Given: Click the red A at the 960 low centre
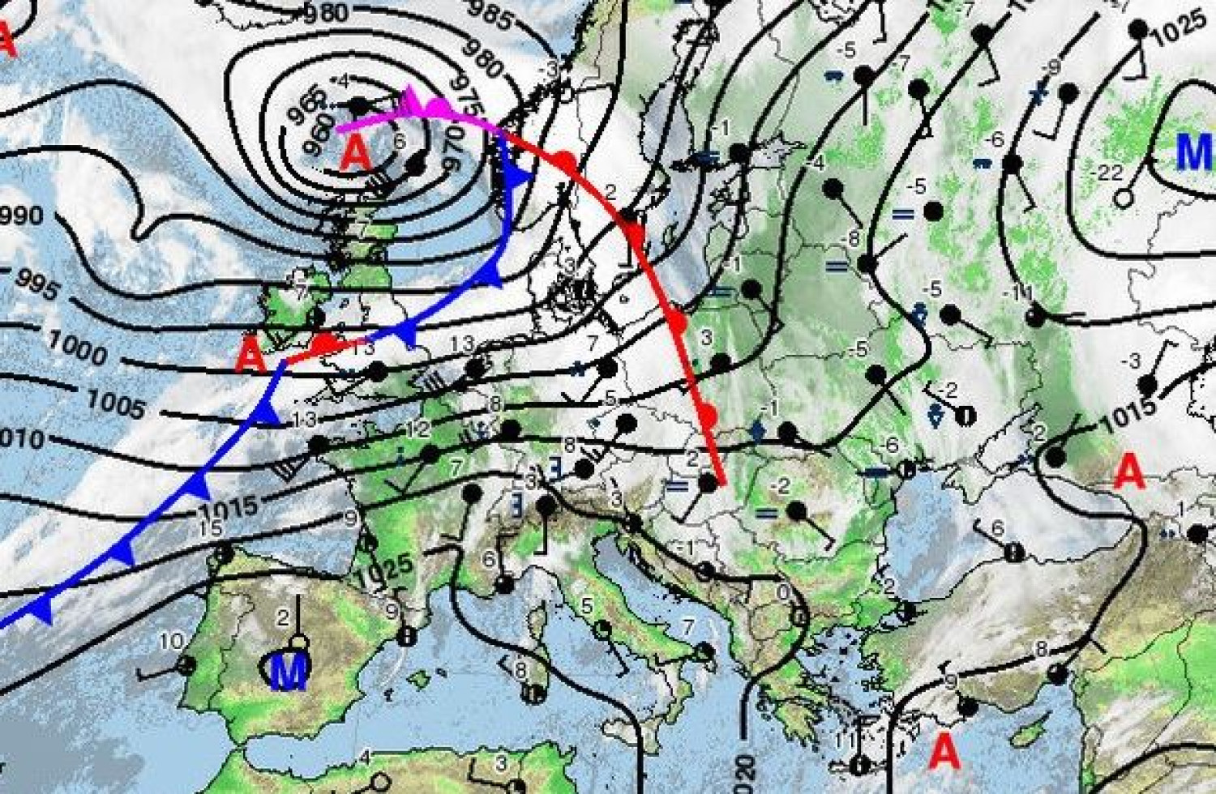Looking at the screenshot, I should coord(354,152).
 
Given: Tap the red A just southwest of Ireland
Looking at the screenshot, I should coord(253,356).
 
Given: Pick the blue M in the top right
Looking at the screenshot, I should coord(1193,151).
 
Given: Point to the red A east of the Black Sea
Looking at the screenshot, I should coord(1129,472).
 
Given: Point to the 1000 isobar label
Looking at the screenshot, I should coord(77,347).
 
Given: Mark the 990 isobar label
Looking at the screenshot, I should coord(22,216).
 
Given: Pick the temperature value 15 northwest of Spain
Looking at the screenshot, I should coord(210,528).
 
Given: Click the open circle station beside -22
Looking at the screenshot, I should coord(1124,197).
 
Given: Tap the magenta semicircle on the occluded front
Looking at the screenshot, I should coord(439,107).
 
